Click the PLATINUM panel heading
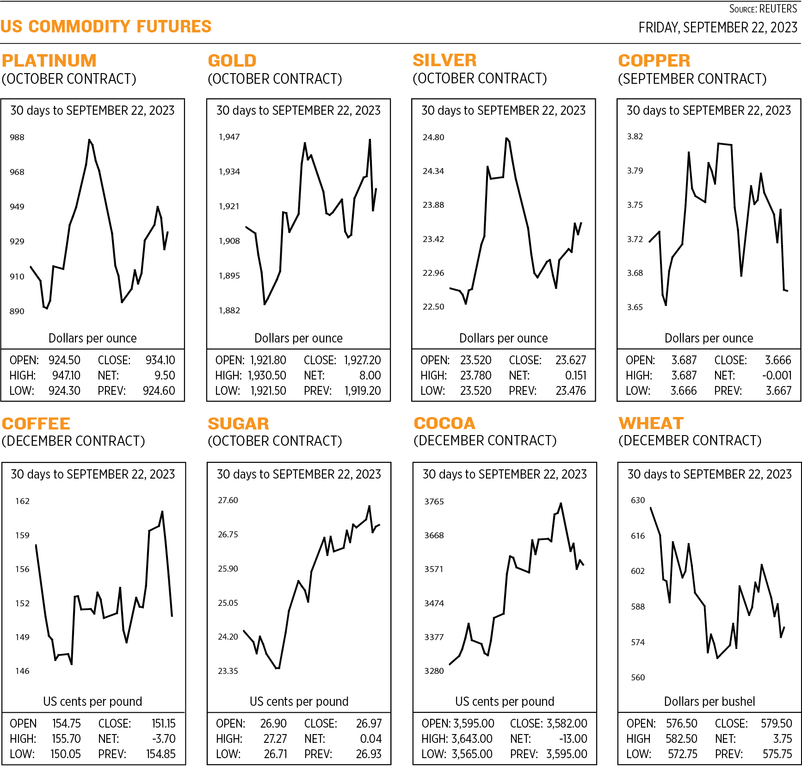point(49,61)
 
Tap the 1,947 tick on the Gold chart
point(229,137)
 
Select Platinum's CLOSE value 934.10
point(160,360)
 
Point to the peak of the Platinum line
point(89,140)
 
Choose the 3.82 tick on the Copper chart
point(635,137)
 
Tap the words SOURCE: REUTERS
point(763,9)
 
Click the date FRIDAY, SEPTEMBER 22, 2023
point(717,28)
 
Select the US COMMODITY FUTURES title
point(106,26)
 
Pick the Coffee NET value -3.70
point(164,739)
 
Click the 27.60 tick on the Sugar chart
point(228,500)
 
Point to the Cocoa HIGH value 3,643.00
point(472,739)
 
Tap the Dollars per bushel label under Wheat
point(709,701)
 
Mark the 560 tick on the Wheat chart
point(638,678)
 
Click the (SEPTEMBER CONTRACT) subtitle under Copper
point(692,79)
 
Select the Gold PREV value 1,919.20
point(363,391)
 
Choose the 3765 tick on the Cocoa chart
point(434,502)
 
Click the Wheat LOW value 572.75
point(682,754)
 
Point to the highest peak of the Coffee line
point(162,512)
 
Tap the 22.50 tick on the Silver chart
point(433,307)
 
